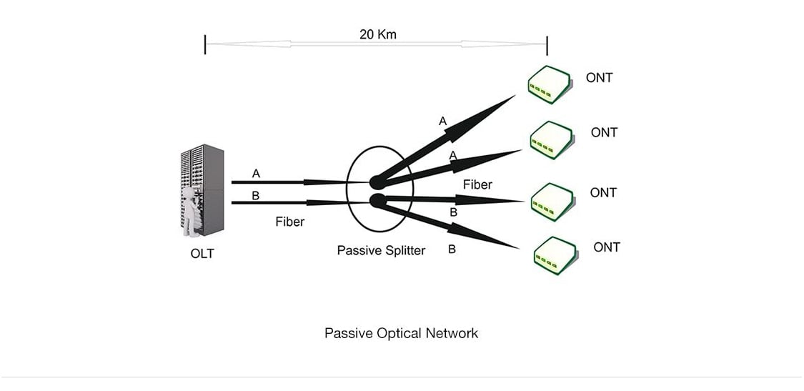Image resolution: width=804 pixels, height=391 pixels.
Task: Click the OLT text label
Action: [x=202, y=253]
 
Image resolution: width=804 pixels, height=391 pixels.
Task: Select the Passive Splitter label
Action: [x=381, y=250]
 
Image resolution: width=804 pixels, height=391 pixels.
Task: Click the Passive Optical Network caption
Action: [x=401, y=333]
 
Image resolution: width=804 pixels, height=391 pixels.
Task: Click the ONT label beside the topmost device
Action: [x=599, y=78]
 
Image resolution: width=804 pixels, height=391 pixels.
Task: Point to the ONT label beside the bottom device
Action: [x=607, y=247]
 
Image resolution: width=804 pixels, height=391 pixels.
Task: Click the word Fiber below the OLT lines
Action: [x=289, y=222]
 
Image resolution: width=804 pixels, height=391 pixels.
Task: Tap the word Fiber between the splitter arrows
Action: [x=477, y=184]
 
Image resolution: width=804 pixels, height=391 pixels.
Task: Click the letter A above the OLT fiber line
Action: [x=256, y=173]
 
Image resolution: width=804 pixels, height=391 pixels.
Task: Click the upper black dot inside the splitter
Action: [x=377, y=182]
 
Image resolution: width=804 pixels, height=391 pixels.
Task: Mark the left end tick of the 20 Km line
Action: [x=206, y=44]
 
